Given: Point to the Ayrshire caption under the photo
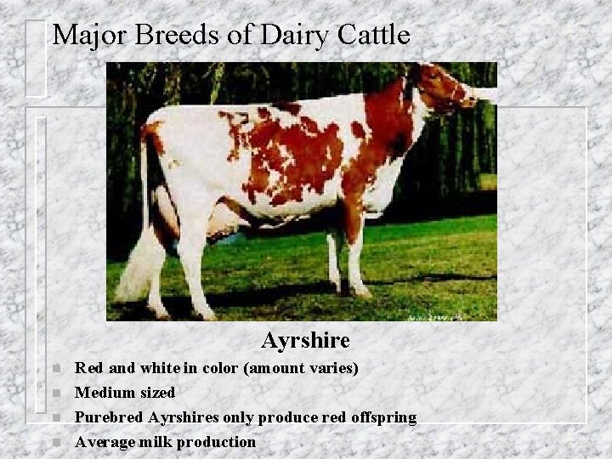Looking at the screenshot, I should click(x=306, y=341).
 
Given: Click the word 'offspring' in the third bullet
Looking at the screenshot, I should click(x=383, y=417).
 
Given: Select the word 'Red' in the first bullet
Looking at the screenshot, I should click(x=89, y=369).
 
